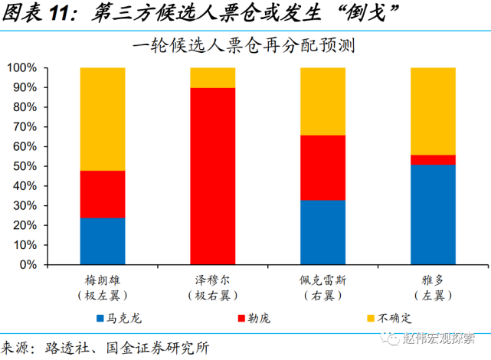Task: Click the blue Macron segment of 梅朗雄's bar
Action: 103,241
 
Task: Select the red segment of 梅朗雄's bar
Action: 103,194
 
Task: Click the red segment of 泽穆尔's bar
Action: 213,175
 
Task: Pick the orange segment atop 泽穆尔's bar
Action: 213,77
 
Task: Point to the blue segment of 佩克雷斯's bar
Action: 322,231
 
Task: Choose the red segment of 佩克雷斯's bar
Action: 322,167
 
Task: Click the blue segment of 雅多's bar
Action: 433,214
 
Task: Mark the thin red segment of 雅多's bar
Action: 433,159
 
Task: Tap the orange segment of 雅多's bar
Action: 433,111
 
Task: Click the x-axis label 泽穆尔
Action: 213,280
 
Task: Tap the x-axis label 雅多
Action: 433,280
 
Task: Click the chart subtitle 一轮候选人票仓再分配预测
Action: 246,45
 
